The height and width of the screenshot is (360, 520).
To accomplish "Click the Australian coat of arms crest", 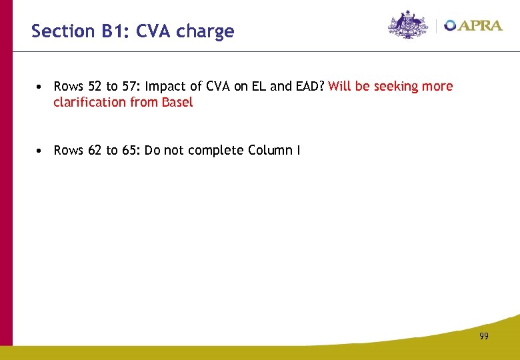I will (408, 25).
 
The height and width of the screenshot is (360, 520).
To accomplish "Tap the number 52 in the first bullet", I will (96, 87).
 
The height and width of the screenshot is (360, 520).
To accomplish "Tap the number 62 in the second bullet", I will (96, 151).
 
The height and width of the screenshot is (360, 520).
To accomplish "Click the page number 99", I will (483, 336).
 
